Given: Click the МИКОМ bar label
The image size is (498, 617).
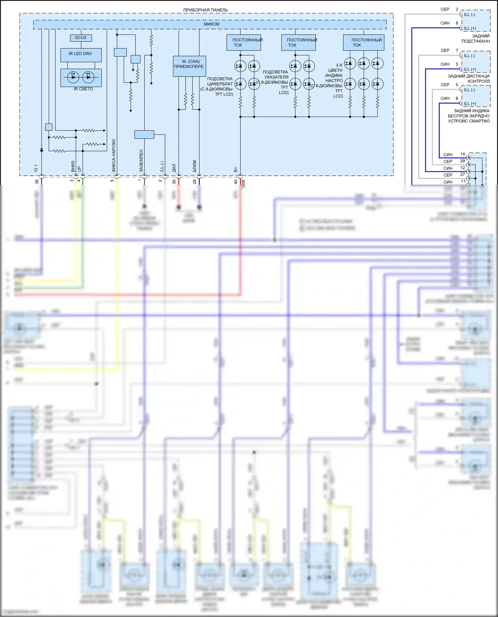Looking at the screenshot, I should pos(211,24).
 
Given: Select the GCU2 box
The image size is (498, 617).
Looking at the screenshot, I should pos(81,38).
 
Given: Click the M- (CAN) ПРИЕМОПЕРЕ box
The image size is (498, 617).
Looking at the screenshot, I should pos(189,66).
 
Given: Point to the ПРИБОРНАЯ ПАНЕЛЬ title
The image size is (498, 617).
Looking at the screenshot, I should pos(206,10).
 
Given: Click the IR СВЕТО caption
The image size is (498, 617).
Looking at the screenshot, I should pos(83,89).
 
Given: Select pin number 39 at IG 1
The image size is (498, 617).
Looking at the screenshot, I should pos(37,182).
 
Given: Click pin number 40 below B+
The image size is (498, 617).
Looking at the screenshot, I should pos(236,182).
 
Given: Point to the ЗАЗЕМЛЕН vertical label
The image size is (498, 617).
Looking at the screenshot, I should pos(141,160).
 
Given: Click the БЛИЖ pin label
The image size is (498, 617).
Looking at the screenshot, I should pos(195,166).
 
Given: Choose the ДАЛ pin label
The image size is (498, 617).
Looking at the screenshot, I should pos(174,167).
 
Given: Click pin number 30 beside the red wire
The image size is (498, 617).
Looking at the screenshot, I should pos(174,182).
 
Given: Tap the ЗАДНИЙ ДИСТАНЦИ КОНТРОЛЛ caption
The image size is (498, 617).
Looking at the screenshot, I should pos(469,79).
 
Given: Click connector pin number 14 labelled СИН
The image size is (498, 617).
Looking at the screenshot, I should pos(463,154).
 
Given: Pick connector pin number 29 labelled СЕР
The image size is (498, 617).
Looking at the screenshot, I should pos(463,161).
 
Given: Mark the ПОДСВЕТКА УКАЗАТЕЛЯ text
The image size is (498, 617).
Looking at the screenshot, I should pos(276,75).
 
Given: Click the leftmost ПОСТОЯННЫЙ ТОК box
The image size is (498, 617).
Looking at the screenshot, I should pos(244,43).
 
